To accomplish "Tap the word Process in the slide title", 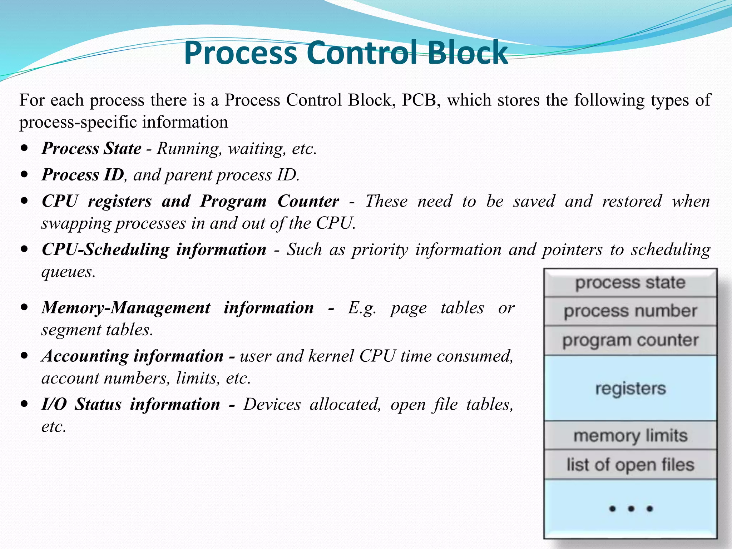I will (240, 53).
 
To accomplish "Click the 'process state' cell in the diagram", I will (630, 283).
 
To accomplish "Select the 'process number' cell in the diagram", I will (630, 311).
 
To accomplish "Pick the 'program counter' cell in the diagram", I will (630, 340).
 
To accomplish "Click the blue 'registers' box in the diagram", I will (630, 388).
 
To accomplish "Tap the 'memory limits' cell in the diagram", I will (630, 436).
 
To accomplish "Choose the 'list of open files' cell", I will (630, 465).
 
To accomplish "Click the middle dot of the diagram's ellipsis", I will (631, 508).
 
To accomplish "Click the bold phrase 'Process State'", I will (91, 149).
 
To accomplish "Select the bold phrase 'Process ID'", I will (83, 175).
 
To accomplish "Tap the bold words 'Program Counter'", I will (269, 201).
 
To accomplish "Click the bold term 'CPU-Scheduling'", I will (105, 249).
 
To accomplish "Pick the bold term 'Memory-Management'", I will (126, 308).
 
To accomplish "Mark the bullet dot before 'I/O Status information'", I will (24, 404).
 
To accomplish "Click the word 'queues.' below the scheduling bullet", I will (68, 272).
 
